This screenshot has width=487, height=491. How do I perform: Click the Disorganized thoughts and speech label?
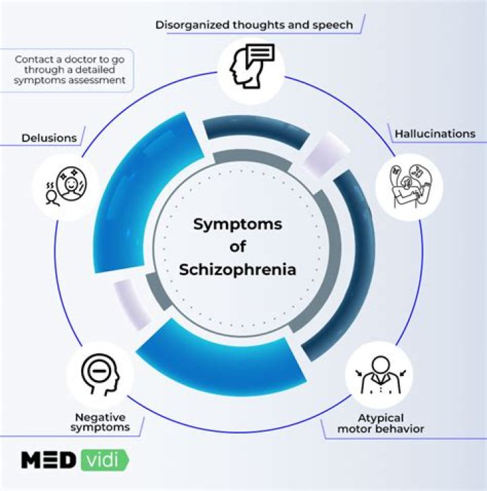(254, 25)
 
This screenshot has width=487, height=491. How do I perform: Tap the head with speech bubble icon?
(251, 64)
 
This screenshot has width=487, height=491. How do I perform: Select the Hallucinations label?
(435, 134)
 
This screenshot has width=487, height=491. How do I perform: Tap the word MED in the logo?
(48, 461)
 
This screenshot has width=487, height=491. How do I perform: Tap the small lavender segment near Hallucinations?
(322, 153)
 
